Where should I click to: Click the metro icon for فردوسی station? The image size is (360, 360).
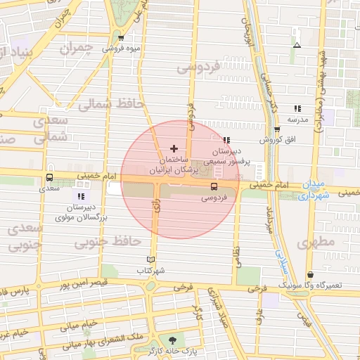click(214, 186)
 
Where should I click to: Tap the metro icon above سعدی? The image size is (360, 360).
click(49, 178)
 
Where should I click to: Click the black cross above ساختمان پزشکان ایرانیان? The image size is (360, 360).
click(174, 149)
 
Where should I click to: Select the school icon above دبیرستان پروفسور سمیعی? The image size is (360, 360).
click(226, 140)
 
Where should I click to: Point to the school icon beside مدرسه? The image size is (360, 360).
click(297, 108)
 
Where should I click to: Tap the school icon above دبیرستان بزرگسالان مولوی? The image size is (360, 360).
click(81, 196)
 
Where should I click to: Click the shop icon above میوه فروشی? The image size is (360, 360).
click(122, 38)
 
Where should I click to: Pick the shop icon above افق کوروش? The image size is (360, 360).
click(277, 129)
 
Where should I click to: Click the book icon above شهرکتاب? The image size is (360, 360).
click(150, 259)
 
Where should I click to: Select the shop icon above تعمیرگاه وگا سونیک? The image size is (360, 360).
click(310, 275)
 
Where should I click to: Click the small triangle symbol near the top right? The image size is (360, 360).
click(297, 45)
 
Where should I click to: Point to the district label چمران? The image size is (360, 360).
click(77, 49)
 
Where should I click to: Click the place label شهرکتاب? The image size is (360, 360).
click(150, 270)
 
